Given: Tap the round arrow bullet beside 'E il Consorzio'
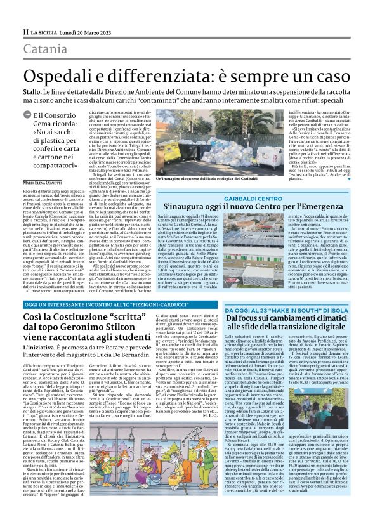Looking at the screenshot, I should tap(27, 116).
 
